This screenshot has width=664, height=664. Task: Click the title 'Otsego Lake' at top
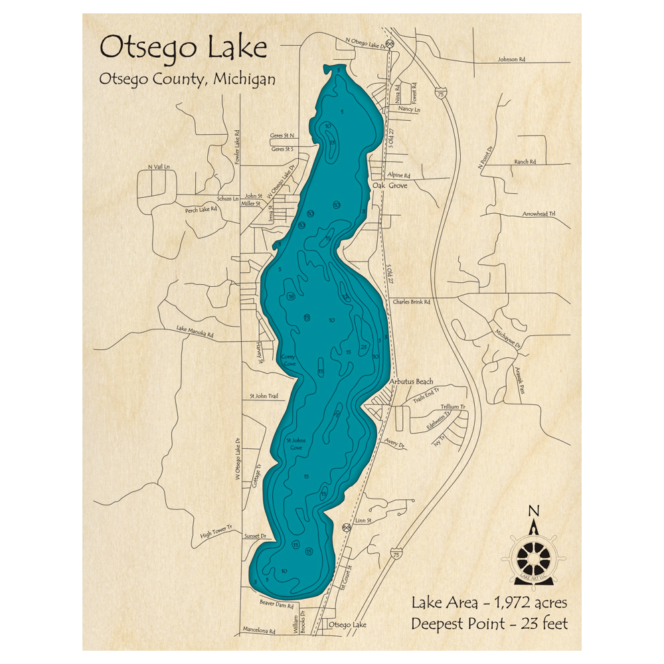click(183, 48)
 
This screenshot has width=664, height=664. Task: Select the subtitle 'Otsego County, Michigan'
click(187, 79)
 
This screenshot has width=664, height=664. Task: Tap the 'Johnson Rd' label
click(511, 59)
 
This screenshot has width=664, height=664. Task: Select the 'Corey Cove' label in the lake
click(289, 361)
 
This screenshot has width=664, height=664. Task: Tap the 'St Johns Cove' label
click(294, 444)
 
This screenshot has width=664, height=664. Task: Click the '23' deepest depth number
click(363, 347)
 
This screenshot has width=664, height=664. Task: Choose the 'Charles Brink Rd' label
click(412, 301)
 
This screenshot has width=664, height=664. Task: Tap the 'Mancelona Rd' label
click(258, 631)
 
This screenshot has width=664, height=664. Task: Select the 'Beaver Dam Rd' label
click(276, 605)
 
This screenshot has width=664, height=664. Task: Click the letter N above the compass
click(532, 510)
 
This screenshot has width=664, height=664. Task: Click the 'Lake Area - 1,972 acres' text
click(489, 603)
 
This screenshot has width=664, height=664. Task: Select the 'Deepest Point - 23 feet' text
click(489, 624)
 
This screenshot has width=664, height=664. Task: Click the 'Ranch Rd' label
click(525, 162)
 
